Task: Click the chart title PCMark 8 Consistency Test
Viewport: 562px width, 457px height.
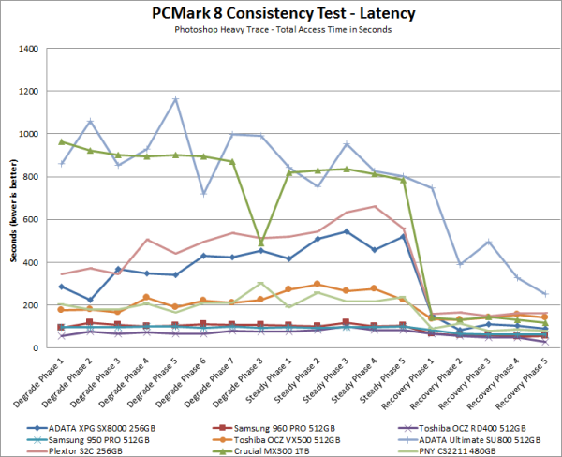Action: tap(281, 14)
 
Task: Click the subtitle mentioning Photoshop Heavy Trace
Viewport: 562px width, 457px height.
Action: tap(281, 29)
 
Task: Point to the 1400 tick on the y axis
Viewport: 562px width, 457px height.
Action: tap(31, 48)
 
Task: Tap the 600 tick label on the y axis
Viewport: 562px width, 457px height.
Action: tap(34, 219)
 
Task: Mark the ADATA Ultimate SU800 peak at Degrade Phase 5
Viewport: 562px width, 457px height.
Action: tap(175, 99)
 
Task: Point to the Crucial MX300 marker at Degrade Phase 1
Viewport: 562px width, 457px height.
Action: tap(61, 142)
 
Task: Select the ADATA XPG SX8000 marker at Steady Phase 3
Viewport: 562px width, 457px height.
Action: tap(348, 231)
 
